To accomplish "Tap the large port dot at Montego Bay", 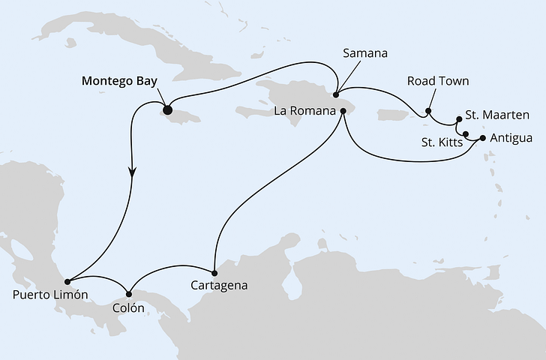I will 167,110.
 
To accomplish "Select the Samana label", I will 365,54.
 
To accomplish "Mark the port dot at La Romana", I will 343,111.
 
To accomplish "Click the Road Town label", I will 438,80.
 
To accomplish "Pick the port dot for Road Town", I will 427,112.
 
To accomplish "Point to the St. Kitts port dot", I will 466,135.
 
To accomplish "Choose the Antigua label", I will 511,138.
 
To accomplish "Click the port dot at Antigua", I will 481,138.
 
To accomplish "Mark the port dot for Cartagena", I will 214,273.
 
